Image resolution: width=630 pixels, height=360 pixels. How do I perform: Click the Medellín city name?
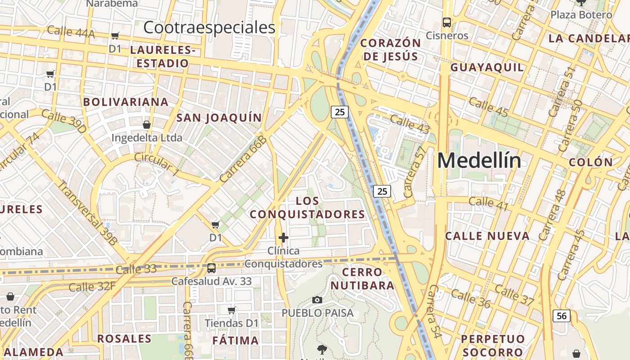click(x=479, y=161)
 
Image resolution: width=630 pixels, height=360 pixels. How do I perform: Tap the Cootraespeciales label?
click(x=209, y=27)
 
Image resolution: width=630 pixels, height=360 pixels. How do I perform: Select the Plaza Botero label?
click(x=581, y=14)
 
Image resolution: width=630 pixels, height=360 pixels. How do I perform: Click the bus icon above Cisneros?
click(x=447, y=22)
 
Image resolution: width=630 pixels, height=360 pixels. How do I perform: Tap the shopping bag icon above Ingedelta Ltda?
click(x=146, y=125)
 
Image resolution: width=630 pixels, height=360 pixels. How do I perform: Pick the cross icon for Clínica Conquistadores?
click(x=283, y=237)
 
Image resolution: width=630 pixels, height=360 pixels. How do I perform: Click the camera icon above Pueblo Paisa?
click(x=317, y=300)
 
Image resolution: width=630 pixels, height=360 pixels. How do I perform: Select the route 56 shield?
click(x=562, y=316)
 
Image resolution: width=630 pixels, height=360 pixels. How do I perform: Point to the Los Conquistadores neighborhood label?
click(x=308, y=207)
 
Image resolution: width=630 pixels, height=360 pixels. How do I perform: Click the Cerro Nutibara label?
click(x=362, y=279)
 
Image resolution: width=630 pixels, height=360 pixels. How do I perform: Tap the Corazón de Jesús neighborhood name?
click(x=391, y=49)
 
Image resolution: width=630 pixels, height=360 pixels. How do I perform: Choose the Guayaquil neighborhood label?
click(x=487, y=67)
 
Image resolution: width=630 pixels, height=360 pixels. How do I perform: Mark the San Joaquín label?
click(x=219, y=118)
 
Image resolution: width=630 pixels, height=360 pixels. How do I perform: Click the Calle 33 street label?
click(x=136, y=269)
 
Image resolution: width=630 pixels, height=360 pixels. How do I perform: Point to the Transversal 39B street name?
click(x=87, y=212)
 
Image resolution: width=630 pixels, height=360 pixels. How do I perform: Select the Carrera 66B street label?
click(x=243, y=159)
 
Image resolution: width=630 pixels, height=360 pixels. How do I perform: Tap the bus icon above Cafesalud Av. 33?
click(x=211, y=268)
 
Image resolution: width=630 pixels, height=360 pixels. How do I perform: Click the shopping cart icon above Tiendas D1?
click(x=232, y=310)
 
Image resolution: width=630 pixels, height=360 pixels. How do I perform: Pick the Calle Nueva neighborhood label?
click(x=487, y=236)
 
